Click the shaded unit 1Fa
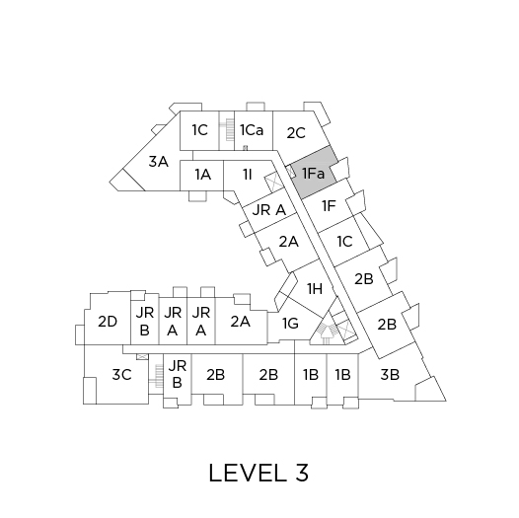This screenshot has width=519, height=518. [x=314, y=173]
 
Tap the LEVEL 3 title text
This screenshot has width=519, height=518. [x=259, y=473]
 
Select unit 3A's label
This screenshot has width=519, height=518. [x=158, y=162]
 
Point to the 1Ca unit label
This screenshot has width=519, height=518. [x=252, y=130]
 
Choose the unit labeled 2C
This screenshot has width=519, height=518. [x=296, y=133]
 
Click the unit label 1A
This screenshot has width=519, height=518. [x=202, y=175]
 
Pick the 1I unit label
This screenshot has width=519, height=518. [x=248, y=175]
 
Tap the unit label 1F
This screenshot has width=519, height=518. [x=329, y=206]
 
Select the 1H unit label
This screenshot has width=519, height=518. [x=315, y=289]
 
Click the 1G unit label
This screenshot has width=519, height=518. [x=291, y=324]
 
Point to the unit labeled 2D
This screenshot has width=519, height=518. [x=108, y=322]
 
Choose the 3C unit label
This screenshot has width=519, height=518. [x=121, y=375]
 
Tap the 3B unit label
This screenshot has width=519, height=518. [x=390, y=375]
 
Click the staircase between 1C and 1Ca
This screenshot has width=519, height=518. [x=227, y=130]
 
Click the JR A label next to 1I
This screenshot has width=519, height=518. [x=268, y=210]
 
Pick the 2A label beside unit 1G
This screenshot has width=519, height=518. [x=241, y=322]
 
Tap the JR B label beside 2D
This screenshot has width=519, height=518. [x=145, y=322]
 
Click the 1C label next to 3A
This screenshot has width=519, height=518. [x=200, y=130]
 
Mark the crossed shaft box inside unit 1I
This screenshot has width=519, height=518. [x=273, y=183]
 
